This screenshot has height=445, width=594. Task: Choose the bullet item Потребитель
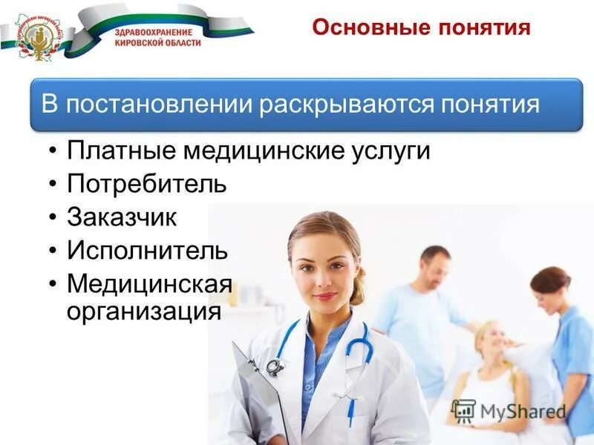pos(146,184)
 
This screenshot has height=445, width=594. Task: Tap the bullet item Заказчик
pos(122,217)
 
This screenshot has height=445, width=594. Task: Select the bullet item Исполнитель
pos(147,250)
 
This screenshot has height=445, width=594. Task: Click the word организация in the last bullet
pos(144,309)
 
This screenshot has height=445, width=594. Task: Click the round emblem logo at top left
pos(35,35)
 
